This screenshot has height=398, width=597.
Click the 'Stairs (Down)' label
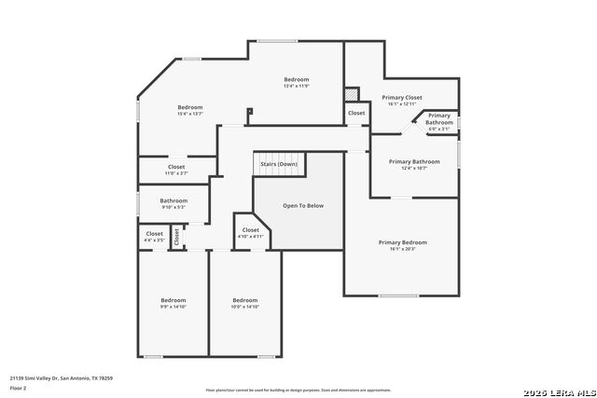[279, 164]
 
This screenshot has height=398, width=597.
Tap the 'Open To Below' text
[302, 205]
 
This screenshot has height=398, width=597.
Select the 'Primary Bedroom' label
[402, 242]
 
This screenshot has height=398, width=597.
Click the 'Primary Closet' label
[402, 97]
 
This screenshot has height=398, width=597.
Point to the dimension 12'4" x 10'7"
[413, 168]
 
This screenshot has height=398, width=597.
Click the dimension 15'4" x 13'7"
[190, 114]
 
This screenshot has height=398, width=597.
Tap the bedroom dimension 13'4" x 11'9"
[297, 86]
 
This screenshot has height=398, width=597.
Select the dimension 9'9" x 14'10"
[173, 307]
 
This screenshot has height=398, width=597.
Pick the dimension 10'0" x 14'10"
[244, 307]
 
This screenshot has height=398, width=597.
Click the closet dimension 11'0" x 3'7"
[176, 173]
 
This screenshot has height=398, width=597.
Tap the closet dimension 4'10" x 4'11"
[251, 236]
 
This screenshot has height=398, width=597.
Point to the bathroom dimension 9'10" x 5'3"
[174, 207]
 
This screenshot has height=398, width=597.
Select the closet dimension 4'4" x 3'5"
[154, 240]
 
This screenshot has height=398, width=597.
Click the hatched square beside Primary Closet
[351, 94]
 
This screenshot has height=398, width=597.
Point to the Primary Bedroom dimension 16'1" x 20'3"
[402, 249]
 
